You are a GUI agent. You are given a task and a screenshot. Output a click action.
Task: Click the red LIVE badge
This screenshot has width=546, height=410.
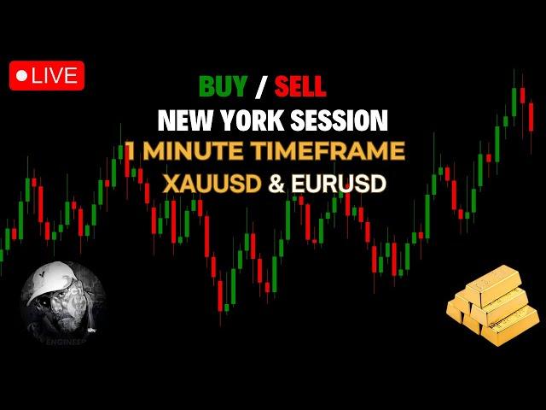[x=47, y=76]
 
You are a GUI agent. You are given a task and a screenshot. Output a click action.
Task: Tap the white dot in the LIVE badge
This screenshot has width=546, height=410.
[x=21, y=76]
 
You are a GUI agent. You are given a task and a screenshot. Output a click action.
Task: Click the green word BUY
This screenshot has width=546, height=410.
[x=223, y=86]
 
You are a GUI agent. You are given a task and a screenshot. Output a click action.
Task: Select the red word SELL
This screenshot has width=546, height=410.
[x=300, y=86]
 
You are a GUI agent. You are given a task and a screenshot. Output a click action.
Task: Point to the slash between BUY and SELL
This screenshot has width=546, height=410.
[x=260, y=86]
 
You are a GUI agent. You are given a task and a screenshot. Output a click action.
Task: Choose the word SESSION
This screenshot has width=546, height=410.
[x=339, y=120]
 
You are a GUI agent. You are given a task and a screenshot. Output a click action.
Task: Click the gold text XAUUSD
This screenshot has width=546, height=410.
[x=212, y=184]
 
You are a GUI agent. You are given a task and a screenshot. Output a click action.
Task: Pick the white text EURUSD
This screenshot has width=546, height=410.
[x=339, y=184]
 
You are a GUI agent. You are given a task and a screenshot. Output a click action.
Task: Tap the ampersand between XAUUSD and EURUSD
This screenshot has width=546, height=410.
[x=276, y=184]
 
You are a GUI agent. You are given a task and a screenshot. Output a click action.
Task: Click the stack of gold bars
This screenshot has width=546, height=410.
[x=493, y=306]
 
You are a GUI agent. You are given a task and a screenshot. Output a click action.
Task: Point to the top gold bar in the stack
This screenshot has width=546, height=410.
[x=494, y=284]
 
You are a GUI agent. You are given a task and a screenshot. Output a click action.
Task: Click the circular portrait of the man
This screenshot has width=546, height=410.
[x=62, y=303]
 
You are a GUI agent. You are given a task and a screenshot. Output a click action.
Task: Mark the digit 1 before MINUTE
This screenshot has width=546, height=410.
[x=131, y=151]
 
